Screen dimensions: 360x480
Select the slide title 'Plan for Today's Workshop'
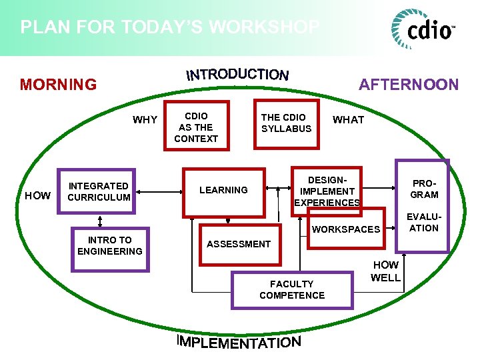pos(170,27)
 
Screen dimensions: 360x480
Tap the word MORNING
pos(58,85)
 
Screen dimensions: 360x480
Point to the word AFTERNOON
pos(409,85)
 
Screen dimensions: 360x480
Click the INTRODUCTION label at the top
pos(237,74)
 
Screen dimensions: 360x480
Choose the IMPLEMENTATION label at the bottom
pos(239,342)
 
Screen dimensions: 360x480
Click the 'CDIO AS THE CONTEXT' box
pos(196,127)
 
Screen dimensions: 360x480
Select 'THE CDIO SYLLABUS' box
pos(286,123)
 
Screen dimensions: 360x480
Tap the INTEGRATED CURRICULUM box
pos(99,191)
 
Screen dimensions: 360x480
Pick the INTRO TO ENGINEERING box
pos(110,245)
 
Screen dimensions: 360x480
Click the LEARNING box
pos(223,190)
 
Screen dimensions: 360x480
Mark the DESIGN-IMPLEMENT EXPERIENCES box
pos(327,191)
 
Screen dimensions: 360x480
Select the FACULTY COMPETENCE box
pos(292,289)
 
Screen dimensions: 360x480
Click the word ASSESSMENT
pos(239,244)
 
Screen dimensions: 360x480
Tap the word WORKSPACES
pos(346,229)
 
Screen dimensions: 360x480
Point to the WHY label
pos(145,120)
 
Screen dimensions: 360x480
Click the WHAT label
pos(348,120)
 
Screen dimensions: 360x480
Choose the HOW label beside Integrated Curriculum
pos(37,195)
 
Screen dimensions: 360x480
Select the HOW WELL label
pos(385,271)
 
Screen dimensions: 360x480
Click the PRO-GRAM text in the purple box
pos(424,189)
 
